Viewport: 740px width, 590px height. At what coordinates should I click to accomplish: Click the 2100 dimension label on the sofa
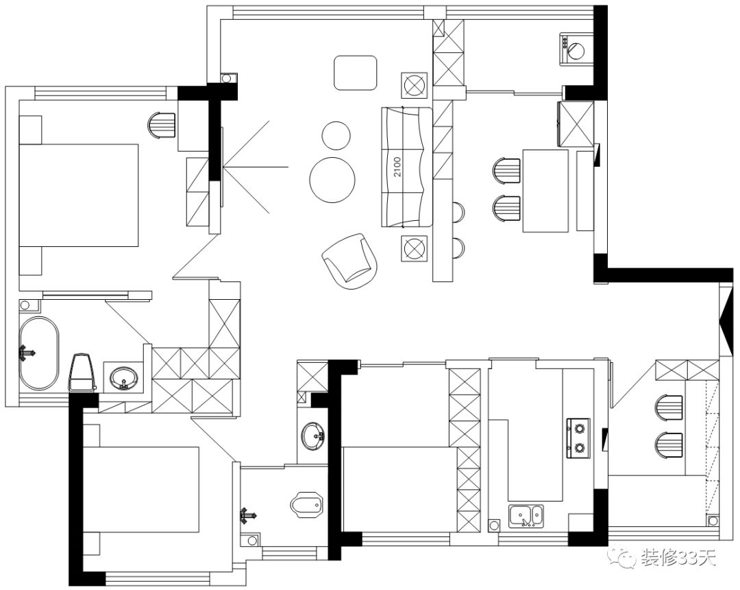397,167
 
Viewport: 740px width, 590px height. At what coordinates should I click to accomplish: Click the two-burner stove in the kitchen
579,438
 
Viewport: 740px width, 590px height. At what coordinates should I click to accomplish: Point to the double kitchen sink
526,515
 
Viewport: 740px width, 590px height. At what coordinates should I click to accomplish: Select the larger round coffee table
332,180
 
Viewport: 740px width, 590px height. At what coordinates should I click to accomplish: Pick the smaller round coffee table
336,135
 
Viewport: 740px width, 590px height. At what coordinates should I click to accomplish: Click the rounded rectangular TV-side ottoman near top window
356,73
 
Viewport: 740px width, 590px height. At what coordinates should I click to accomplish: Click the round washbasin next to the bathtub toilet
124,377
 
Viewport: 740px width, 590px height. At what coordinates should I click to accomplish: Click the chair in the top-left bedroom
162,126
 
